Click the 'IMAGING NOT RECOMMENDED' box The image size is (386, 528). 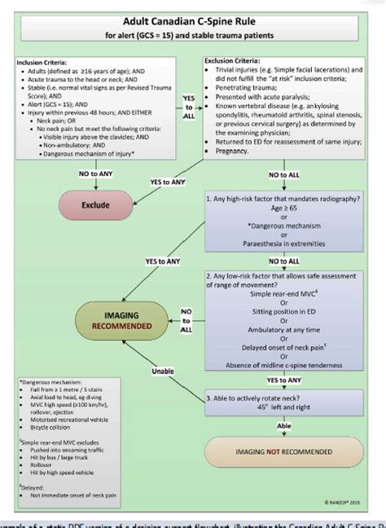pyautogui.click(x=283, y=451)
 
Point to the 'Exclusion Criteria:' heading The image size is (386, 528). pyautogui.click(x=237, y=61)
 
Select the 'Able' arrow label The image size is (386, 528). pyautogui.click(x=284, y=424)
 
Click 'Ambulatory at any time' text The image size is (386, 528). pyautogui.click(x=284, y=331)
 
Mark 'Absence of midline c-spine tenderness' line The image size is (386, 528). pyautogui.click(x=284, y=365)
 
